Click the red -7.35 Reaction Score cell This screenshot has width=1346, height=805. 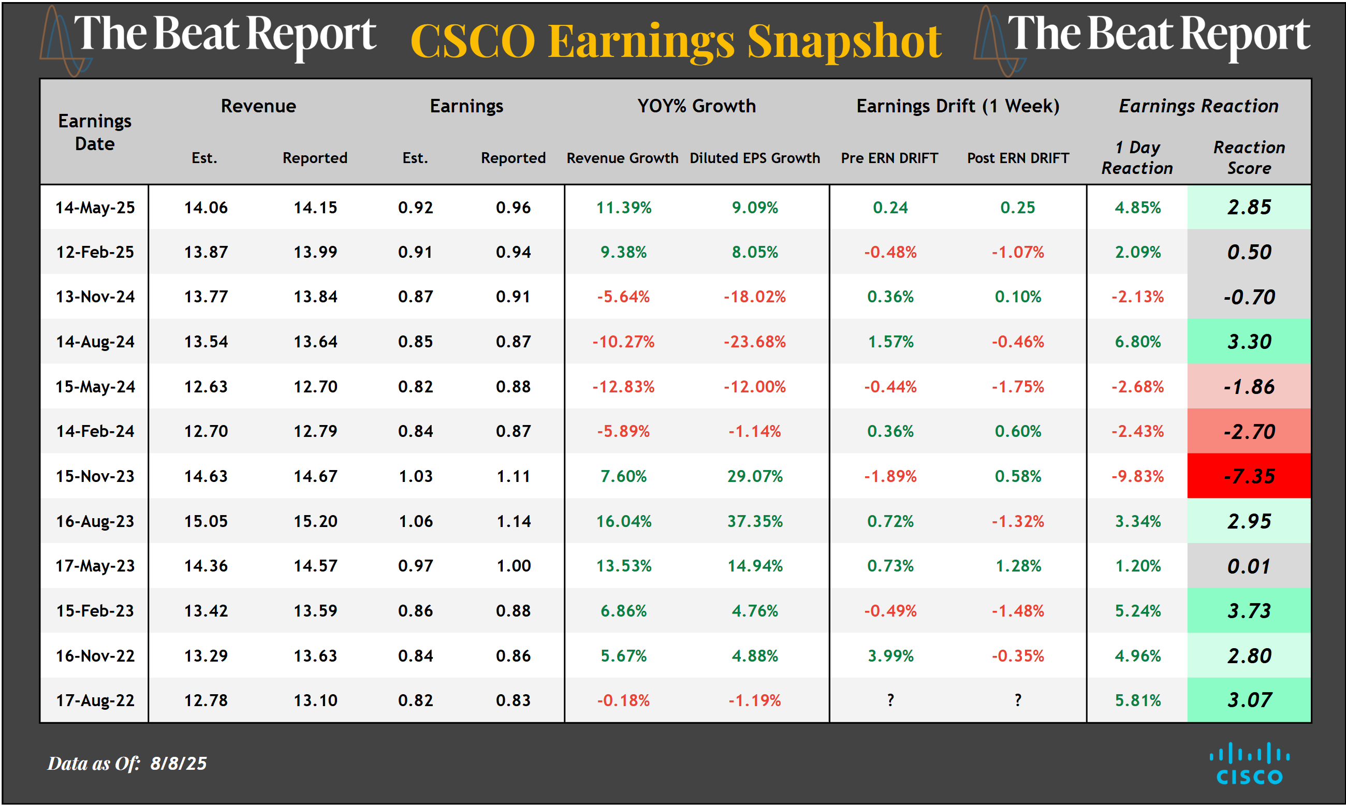pyautogui.click(x=1248, y=476)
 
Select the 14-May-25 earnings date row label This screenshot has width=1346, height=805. pyautogui.click(x=95, y=207)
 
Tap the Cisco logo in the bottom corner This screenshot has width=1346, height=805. pyautogui.click(x=1249, y=763)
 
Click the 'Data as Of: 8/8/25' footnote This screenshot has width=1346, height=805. pyautogui.click(x=127, y=763)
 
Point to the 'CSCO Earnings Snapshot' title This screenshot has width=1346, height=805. pyautogui.click(x=675, y=41)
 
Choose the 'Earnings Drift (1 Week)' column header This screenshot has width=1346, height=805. pyautogui.click(x=957, y=106)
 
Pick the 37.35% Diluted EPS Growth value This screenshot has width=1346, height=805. pyautogui.click(x=754, y=521)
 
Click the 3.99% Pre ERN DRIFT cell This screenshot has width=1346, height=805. pyautogui.click(x=890, y=655)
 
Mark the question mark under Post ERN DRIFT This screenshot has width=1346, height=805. pyautogui.click(x=1017, y=700)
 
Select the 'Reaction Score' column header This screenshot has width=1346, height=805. pyautogui.click(x=1248, y=157)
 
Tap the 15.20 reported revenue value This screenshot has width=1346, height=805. pyautogui.click(x=315, y=521)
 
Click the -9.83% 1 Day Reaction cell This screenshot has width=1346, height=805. pyautogui.click(x=1137, y=476)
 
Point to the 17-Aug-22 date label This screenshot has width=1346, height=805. pyautogui.click(x=95, y=700)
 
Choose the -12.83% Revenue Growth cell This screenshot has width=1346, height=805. pyautogui.click(x=623, y=386)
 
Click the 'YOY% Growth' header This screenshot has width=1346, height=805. pyautogui.click(x=696, y=106)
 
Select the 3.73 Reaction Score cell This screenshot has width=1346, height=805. pyautogui.click(x=1248, y=610)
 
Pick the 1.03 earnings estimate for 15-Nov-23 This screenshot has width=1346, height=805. pyautogui.click(x=415, y=476)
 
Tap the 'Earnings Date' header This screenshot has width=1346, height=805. pyautogui.click(x=95, y=132)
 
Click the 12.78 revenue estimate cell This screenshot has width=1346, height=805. pyautogui.click(x=206, y=700)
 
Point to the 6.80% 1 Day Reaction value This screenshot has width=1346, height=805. pyautogui.click(x=1137, y=341)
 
